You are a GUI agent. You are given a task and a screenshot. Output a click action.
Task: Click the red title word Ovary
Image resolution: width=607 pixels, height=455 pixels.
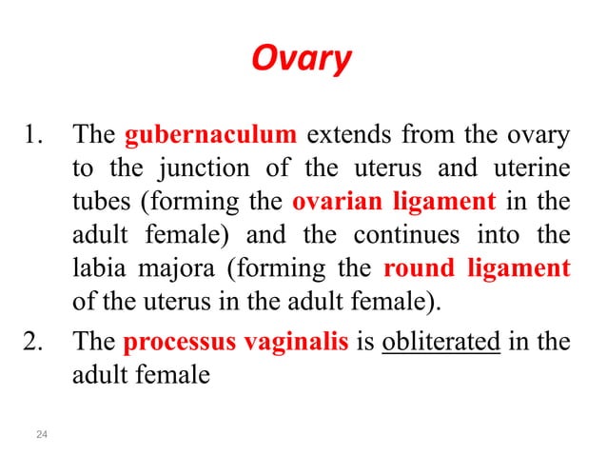301,60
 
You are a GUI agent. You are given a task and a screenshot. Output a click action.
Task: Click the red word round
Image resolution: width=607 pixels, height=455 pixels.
417,268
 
